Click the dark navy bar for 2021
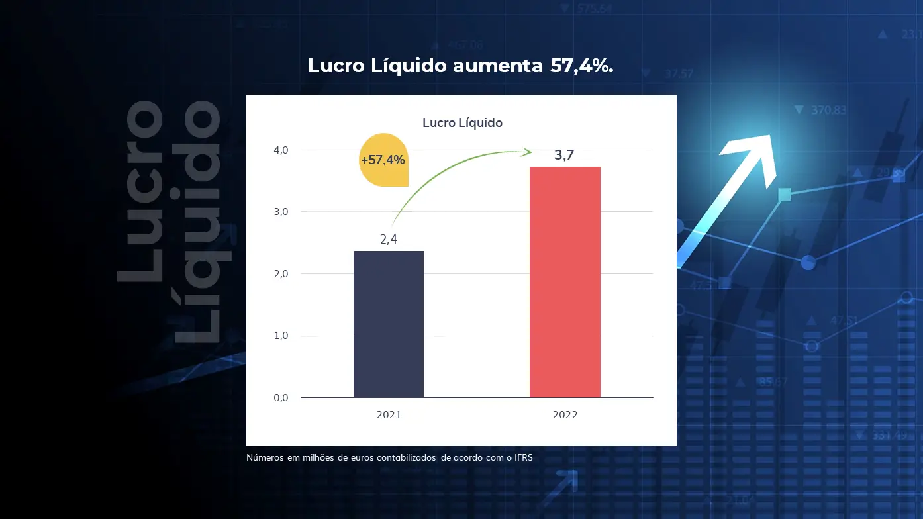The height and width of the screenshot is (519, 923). (x=389, y=324)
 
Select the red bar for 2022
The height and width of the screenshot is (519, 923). (x=565, y=282)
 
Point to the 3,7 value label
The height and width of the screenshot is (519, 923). (x=564, y=156)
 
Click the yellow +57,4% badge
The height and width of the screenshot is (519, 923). (x=383, y=160)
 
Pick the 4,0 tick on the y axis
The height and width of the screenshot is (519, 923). (x=281, y=150)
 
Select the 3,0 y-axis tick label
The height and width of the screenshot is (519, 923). (x=281, y=212)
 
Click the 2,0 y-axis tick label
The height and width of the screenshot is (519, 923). (x=281, y=274)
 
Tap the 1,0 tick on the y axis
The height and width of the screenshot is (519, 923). (x=281, y=336)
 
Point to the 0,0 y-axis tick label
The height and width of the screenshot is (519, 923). (x=281, y=398)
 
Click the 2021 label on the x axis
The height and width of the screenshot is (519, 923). (x=389, y=415)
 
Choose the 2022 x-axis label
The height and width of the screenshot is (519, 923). (x=565, y=415)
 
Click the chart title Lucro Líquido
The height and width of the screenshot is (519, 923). (x=462, y=122)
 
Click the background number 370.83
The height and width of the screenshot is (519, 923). (x=828, y=110)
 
